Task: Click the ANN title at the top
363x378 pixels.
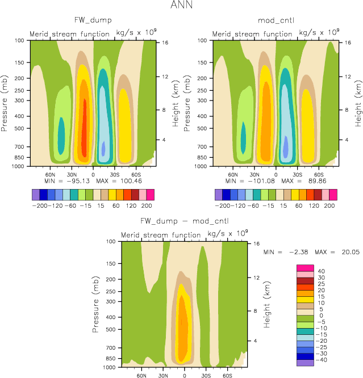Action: tap(181, 6)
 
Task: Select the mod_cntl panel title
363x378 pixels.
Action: tap(275, 21)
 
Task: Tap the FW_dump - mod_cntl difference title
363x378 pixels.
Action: tap(184, 221)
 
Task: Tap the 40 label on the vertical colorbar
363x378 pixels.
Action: tap(321, 271)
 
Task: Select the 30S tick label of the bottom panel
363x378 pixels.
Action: tap(205, 376)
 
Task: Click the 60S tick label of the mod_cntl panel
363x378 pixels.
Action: tap(319, 175)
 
